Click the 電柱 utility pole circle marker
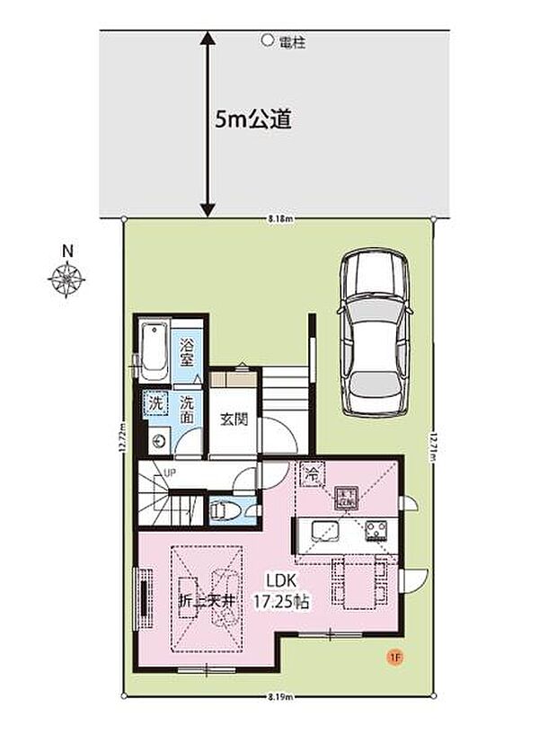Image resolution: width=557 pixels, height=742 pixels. (x=266, y=40)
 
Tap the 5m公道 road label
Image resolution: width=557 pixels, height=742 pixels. (x=254, y=120)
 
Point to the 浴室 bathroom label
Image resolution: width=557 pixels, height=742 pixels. (x=187, y=352)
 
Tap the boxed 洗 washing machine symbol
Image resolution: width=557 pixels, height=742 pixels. (x=156, y=404)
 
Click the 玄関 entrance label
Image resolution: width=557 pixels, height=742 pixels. (x=234, y=420)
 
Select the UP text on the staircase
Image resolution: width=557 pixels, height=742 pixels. (x=167, y=473)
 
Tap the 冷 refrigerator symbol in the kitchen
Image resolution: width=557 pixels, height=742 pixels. (x=312, y=472)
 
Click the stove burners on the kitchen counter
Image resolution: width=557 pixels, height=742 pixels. (x=377, y=530)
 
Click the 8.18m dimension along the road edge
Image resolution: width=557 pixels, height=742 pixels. (x=278, y=218)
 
